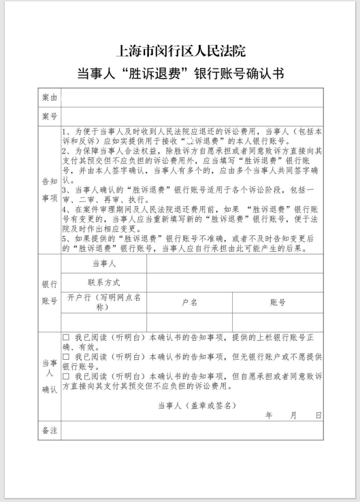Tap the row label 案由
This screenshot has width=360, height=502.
(50, 99)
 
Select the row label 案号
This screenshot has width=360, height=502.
(50, 117)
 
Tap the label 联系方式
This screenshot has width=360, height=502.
(104, 282)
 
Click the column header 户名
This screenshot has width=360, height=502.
(190, 302)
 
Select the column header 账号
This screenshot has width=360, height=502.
(278, 302)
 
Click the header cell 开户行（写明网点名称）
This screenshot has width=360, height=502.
(104, 302)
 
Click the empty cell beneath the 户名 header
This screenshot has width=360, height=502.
(190, 322)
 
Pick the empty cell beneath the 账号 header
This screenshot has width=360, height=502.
(278, 322)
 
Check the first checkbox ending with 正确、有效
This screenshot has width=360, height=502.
(66, 337)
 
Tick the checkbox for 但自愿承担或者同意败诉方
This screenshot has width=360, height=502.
(66, 375)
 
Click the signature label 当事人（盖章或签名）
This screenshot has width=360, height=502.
(197, 405)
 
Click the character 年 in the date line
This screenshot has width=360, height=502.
(269, 414)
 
